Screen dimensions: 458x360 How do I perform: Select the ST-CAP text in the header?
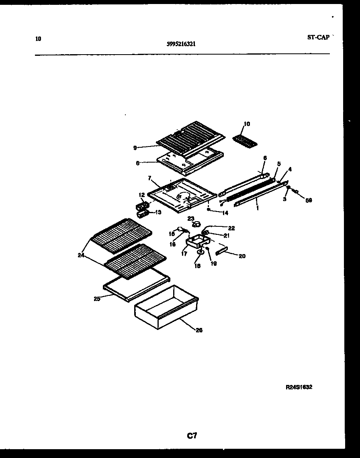[x=318, y=37]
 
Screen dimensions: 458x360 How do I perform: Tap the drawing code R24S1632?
[x=299, y=387]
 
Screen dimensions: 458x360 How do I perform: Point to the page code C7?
[x=192, y=436]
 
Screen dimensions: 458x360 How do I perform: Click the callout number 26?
[x=199, y=330]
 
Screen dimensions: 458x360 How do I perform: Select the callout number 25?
[x=97, y=298]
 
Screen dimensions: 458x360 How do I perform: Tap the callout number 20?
[x=242, y=256]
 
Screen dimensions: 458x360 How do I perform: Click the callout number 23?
[x=190, y=218]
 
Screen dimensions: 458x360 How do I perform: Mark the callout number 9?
[x=135, y=148]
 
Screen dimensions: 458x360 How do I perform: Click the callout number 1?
[x=257, y=209]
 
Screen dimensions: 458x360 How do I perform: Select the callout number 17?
[x=184, y=254]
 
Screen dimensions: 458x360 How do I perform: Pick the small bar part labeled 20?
[x=222, y=251]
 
